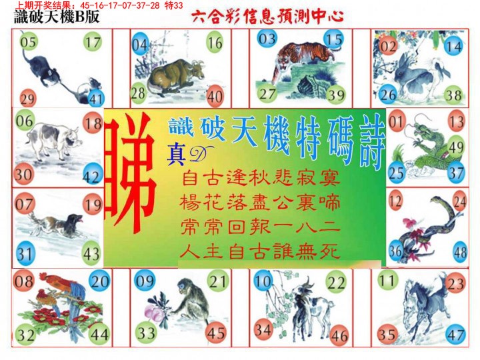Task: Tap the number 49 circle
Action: (457, 147)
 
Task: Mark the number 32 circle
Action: (27, 335)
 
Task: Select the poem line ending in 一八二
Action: (260, 226)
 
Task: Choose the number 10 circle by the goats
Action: (262, 281)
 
